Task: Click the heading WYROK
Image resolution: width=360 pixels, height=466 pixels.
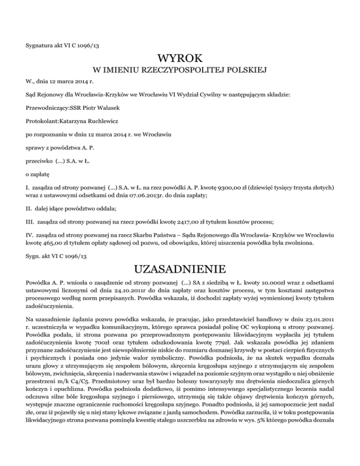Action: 180,59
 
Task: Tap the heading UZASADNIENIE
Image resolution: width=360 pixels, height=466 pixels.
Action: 180,271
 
